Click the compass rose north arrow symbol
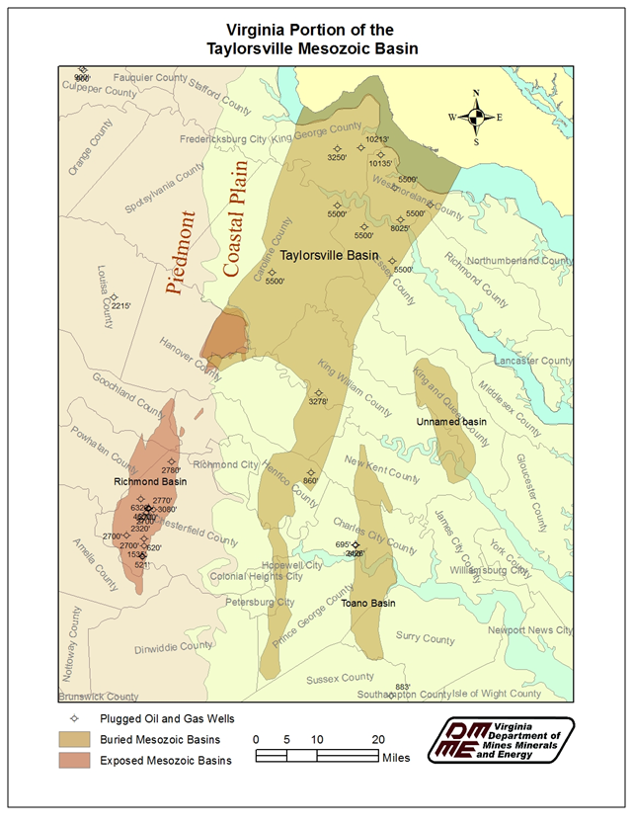[477, 118]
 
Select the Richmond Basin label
[150, 482]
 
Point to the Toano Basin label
[368, 603]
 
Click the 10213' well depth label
[377, 139]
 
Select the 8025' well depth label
[400, 228]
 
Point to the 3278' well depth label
[317, 401]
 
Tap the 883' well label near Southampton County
[402, 687]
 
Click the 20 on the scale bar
[378, 739]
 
